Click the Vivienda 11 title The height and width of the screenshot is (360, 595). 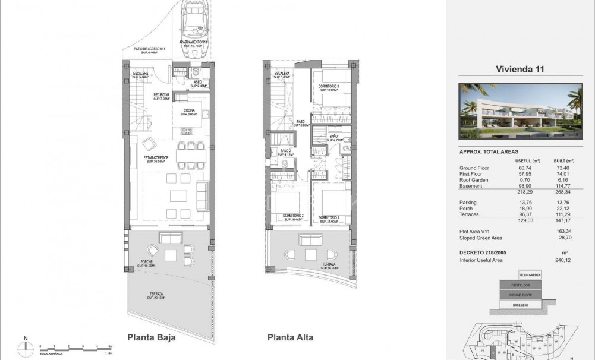tap(520, 69)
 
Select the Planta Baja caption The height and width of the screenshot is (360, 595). tap(151, 337)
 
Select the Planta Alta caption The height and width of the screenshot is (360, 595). tap(291, 337)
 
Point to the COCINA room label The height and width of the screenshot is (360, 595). tap(190, 112)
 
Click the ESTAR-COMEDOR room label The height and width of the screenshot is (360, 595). tap(156, 159)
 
